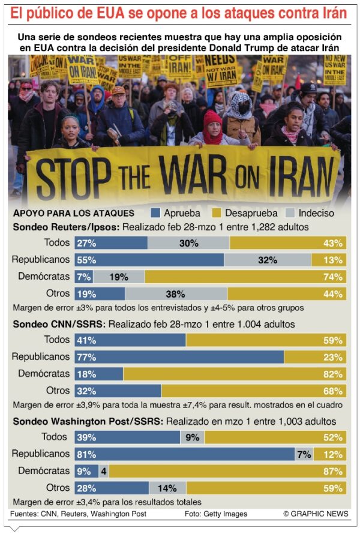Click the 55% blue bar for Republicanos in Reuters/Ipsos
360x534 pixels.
[149, 260]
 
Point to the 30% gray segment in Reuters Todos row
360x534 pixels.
[188, 243]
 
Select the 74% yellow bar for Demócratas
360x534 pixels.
[245, 277]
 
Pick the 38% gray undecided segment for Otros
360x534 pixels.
[176, 293]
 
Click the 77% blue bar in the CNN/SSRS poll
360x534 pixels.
[179, 357]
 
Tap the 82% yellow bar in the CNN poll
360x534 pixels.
[235, 374]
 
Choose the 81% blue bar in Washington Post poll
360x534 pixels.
[184, 454]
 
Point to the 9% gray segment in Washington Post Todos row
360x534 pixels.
[192, 437]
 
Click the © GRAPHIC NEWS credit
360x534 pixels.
[316, 514]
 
